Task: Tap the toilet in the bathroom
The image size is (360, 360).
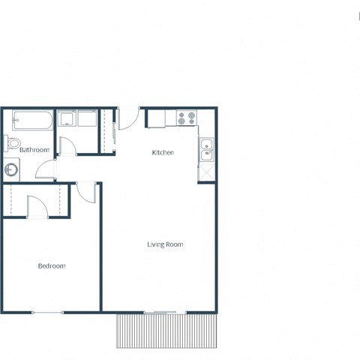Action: click(13, 143)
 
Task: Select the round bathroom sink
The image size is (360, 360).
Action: click(11, 170)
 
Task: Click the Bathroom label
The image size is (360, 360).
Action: click(34, 150)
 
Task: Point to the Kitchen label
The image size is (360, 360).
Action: click(163, 153)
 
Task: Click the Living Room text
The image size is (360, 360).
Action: click(164, 244)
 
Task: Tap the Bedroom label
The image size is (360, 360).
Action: click(52, 266)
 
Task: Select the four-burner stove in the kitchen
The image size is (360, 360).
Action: click(186, 118)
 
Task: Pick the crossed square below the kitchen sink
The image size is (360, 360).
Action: click(206, 171)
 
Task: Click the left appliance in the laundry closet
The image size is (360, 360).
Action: click(67, 118)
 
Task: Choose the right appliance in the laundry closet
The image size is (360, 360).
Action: click(86, 118)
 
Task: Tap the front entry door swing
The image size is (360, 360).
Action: click(128, 118)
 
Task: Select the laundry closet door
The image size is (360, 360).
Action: click(67, 145)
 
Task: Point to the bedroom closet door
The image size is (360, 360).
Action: click(37, 205)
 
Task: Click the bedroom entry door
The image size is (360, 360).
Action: click(86, 191)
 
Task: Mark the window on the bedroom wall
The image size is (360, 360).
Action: click(47, 312)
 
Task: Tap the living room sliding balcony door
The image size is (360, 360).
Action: click(164, 312)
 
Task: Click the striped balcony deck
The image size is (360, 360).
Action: click(166, 331)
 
